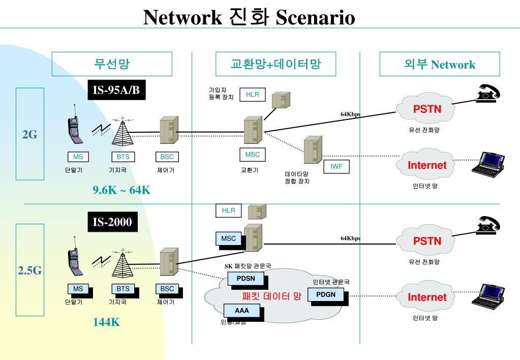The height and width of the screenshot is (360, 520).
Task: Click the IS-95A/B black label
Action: pyautogui.click(x=115, y=91)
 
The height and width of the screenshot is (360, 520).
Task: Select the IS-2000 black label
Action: pyautogui.click(x=112, y=222)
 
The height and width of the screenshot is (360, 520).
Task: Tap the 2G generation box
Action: pyautogui.click(x=30, y=134)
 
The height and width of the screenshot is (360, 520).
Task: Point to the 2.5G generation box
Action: pyautogui.click(x=30, y=270)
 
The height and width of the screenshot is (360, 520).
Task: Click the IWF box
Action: pyautogui.click(x=337, y=166)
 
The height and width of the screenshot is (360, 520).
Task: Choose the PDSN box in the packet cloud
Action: pyautogui.click(x=246, y=278)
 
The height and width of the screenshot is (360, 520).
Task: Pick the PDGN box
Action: pyautogui.click(x=326, y=295)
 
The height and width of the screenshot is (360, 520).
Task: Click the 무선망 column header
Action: pyautogui.click(x=112, y=64)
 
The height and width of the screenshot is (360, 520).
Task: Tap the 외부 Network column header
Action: pyautogui.click(x=440, y=64)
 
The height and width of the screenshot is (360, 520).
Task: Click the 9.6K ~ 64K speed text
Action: pyautogui.click(x=121, y=190)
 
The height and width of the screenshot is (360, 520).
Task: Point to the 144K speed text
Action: pyautogui.click(x=106, y=322)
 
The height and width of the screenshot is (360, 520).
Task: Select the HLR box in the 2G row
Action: pyautogui.click(x=253, y=94)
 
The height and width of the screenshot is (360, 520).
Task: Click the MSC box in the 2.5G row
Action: pyautogui.click(x=228, y=238)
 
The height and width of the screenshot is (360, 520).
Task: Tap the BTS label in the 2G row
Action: pyautogui.click(x=123, y=157)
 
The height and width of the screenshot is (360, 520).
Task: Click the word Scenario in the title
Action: pyautogui.click(x=315, y=18)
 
